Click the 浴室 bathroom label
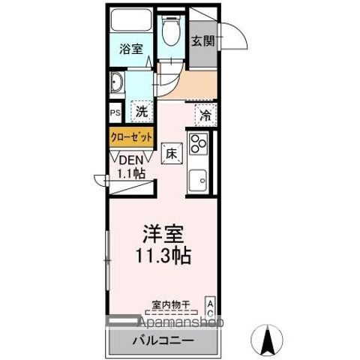click(131, 50)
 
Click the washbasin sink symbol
click(118, 82)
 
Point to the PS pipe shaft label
click(115, 113)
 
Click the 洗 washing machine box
click(141, 112)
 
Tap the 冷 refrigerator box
click(205, 115)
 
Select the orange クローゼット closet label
click(132, 137)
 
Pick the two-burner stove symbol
click(199, 142)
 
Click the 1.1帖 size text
click(130, 172)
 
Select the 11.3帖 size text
click(163, 255)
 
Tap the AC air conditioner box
click(210, 306)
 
